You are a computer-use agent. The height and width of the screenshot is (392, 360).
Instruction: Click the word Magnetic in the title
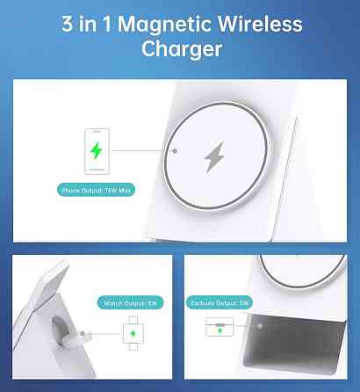click(164, 25)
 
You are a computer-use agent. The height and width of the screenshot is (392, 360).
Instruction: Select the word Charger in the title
click(182, 49)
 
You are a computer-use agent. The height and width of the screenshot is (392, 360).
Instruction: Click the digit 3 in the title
click(67, 24)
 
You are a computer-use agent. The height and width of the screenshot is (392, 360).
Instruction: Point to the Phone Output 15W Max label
click(96, 190)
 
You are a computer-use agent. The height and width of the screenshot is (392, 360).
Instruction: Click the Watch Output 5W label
click(130, 303)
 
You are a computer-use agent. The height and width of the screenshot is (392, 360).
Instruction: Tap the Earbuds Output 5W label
click(220, 303)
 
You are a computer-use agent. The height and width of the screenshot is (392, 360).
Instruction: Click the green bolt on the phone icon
click(97, 150)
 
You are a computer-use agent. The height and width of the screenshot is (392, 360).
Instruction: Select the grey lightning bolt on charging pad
click(214, 157)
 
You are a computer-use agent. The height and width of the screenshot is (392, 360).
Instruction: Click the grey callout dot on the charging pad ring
click(175, 151)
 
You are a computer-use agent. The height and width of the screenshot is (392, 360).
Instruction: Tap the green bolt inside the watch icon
click(133, 333)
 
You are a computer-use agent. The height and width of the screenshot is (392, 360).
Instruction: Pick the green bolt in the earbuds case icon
click(220, 330)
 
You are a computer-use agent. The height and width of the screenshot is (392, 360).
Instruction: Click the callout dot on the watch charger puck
click(83, 333)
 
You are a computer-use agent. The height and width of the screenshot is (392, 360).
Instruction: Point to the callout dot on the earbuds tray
click(260, 326)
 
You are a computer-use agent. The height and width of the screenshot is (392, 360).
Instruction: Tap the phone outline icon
click(97, 151)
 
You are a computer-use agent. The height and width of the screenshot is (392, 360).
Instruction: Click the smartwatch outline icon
click(133, 333)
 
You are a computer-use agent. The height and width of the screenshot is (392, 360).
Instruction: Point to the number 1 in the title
click(107, 24)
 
